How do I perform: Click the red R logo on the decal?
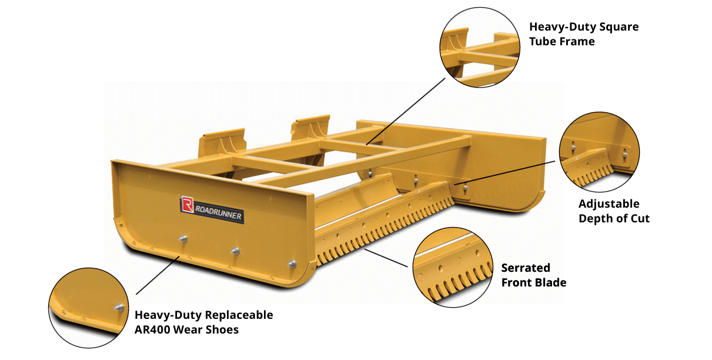click(187, 204)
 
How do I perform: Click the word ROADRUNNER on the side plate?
click(218, 212)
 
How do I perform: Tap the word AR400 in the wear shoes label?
click(152, 330)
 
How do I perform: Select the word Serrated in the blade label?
click(526, 268)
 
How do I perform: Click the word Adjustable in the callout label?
click(609, 204)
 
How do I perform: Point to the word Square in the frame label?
click(619, 27)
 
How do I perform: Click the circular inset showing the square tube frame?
click(480, 48)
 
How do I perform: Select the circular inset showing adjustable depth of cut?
click(600, 152)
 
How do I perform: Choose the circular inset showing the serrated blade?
click(453, 268)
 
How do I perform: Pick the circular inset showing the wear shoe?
click(89, 308)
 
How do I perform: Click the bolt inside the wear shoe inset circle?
click(119, 308)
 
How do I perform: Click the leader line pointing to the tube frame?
click(406, 112)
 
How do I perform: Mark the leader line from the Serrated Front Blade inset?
click(386, 258)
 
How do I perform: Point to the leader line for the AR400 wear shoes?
click(158, 275)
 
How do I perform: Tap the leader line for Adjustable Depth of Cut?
click(505, 173)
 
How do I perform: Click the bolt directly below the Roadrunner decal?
click(183, 238)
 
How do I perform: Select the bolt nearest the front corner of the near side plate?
click(292, 264)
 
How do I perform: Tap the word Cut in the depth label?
click(639, 219)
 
